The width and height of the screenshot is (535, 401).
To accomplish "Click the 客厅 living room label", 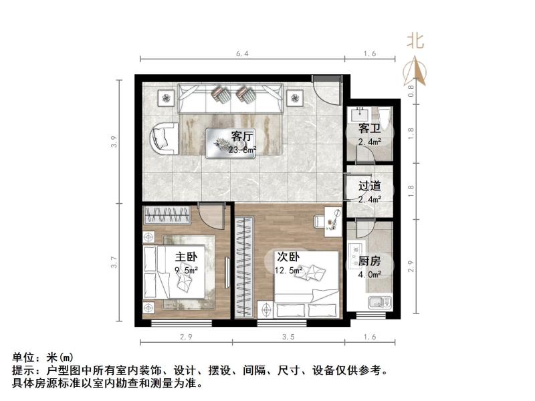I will [x=242, y=136].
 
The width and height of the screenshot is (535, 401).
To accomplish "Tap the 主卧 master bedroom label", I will [x=186, y=257].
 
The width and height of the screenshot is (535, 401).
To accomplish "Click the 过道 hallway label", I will [x=369, y=187].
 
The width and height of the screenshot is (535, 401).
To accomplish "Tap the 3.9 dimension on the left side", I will [x=114, y=141].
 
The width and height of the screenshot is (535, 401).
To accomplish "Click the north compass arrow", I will [x=415, y=70].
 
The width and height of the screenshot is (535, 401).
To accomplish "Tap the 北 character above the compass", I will [x=415, y=41].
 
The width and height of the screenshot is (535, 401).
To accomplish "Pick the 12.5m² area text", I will [x=289, y=271].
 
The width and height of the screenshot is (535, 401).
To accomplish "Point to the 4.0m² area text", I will [x=369, y=275].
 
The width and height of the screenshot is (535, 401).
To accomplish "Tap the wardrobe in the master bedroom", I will [x=167, y=216].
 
